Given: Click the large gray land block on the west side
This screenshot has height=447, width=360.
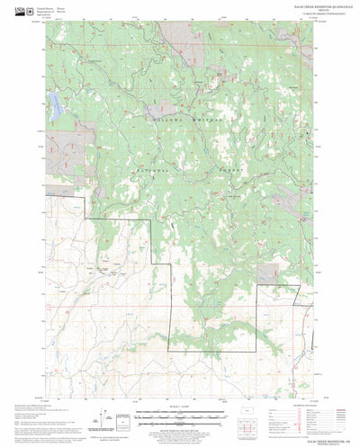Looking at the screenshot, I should [70, 144].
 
